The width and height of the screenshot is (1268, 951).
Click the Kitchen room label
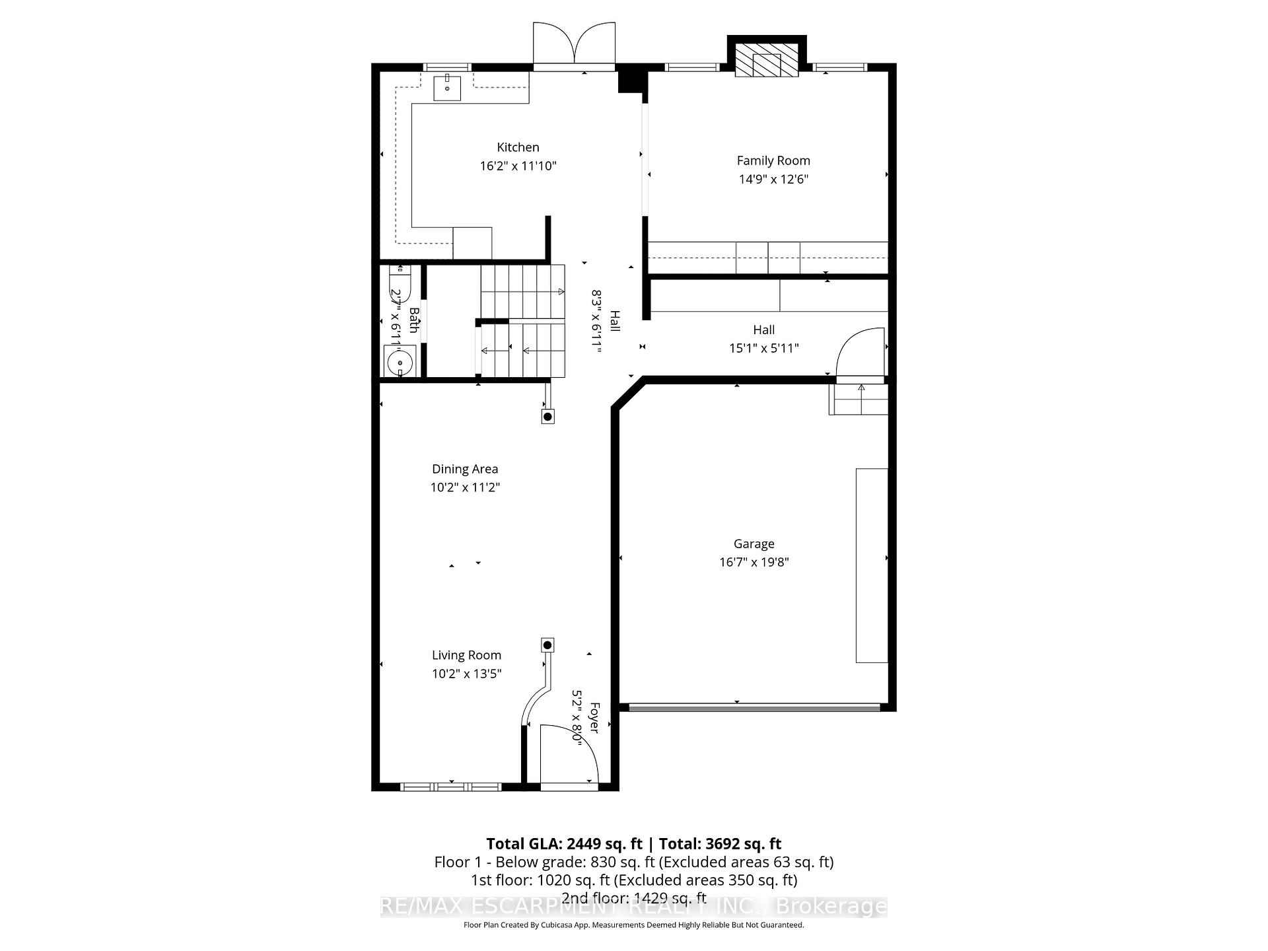coord(518,147)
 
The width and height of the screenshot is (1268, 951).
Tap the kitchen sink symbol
coord(447,88)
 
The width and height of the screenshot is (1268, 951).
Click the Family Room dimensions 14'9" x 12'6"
coord(773,179)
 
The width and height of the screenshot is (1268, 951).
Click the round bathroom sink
coord(400,363)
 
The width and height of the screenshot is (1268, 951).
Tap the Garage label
coord(754,544)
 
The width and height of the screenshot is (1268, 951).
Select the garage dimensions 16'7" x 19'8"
coord(754,562)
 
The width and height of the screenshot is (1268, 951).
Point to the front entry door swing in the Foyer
coord(568,753)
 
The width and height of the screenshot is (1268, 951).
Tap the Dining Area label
coord(465,469)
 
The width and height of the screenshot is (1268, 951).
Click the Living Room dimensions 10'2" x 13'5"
coord(466,674)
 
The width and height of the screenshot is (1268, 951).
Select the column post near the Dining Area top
coord(547,417)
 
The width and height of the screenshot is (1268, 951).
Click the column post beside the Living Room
coord(547,645)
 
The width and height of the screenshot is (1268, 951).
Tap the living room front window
coord(451,787)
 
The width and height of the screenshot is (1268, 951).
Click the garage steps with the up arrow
coord(859,399)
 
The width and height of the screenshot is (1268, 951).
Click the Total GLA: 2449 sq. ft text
coord(564,843)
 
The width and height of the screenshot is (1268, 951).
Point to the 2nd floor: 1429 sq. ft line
coord(633,898)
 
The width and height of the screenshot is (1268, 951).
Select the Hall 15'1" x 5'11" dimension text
coord(763,348)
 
